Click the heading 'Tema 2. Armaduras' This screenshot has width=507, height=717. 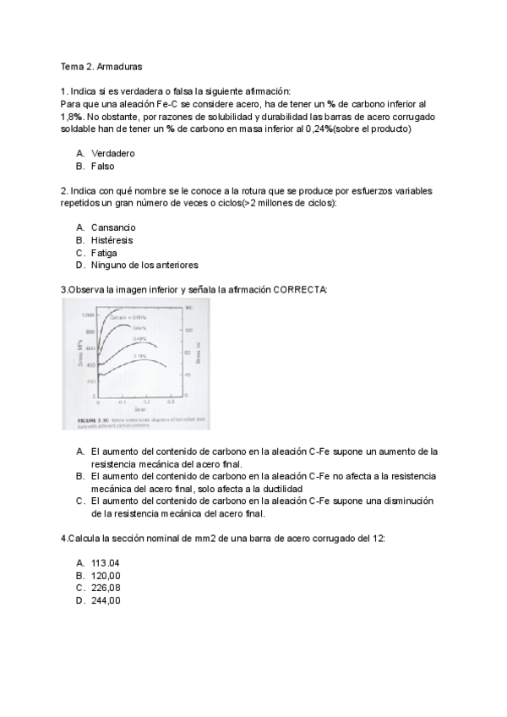(x=96, y=65)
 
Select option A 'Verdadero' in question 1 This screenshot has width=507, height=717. (x=113, y=154)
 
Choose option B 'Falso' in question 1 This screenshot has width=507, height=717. (x=103, y=167)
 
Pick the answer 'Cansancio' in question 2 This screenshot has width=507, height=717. (x=113, y=227)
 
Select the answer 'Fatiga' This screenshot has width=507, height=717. (x=105, y=253)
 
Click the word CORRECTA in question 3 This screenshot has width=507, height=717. (x=300, y=289)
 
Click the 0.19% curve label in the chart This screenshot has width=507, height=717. (x=140, y=356)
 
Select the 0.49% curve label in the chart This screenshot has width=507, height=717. (x=139, y=338)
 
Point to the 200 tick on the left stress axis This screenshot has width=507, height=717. (x=90, y=381)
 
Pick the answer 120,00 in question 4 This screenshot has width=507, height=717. (x=106, y=576)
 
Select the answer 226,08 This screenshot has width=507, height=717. (x=106, y=588)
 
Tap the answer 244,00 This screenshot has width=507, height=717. (x=106, y=600)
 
